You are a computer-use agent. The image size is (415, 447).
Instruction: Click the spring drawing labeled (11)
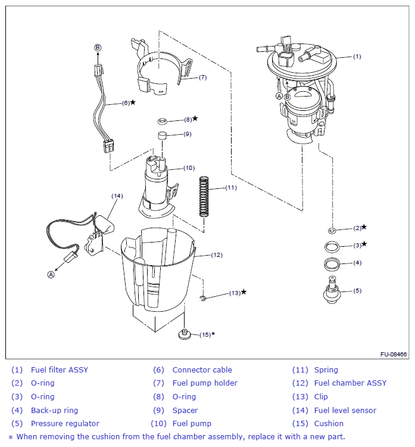point(204,197)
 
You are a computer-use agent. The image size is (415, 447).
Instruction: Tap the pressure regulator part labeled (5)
point(332,291)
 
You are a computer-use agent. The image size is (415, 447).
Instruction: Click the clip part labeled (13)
point(204,297)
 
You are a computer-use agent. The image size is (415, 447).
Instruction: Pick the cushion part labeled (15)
point(185,334)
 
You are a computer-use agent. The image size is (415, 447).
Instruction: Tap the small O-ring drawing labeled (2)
point(332,229)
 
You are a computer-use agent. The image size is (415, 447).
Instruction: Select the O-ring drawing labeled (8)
point(163,120)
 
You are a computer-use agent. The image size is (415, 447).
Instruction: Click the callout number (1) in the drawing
point(357,57)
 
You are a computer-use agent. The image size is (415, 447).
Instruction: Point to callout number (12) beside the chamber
point(217,255)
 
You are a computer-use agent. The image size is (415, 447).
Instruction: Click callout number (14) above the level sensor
point(117,195)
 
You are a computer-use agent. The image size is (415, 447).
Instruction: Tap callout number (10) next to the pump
point(189,168)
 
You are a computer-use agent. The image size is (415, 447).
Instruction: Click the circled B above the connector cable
point(98,47)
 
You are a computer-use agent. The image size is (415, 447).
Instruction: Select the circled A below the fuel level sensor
point(51,275)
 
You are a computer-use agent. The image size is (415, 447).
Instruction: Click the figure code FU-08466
point(394,355)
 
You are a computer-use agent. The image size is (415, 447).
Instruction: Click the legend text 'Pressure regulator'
point(65,424)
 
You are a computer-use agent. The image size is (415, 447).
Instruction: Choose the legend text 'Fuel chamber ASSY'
point(350,383)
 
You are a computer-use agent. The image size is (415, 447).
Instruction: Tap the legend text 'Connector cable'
point(202,370)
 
